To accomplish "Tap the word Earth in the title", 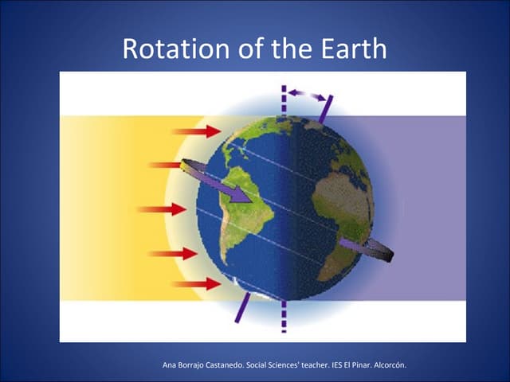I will point(347,49).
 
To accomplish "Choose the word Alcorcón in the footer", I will point(387,365).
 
